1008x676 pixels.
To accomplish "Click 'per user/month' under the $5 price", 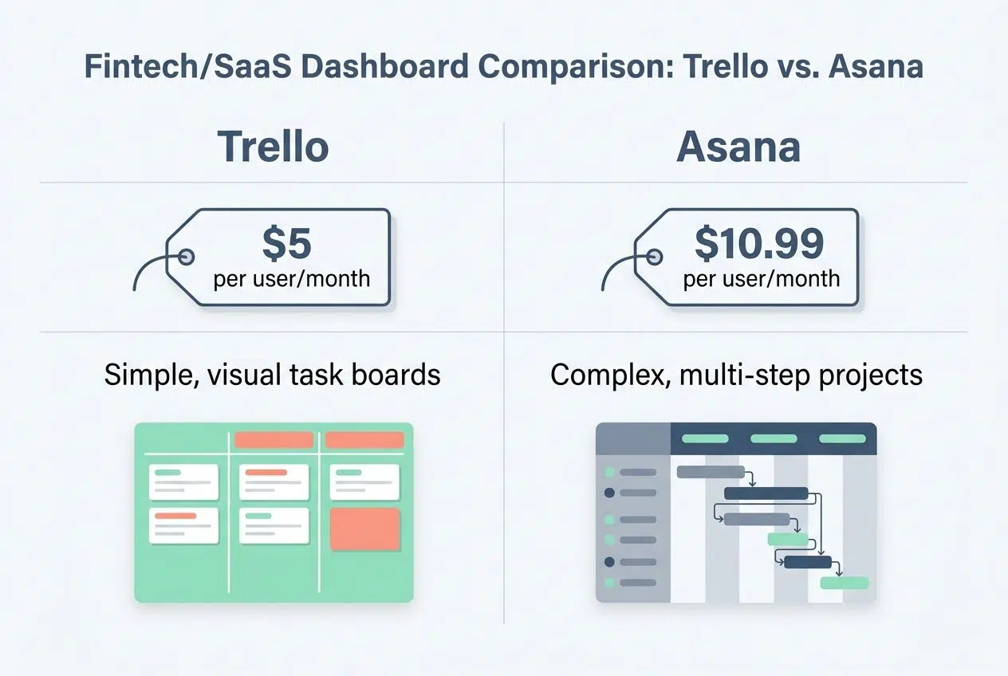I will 291,279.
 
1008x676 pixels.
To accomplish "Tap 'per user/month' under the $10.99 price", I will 762,279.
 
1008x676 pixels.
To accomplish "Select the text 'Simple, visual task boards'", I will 273,375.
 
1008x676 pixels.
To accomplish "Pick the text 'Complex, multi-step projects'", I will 736,375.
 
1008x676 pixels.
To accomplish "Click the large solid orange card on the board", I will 365,529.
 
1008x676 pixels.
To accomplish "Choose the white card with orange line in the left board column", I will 183,526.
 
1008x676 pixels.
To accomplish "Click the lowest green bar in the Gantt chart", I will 845,583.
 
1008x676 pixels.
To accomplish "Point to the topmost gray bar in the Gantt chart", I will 711,471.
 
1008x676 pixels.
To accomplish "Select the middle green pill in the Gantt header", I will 774,438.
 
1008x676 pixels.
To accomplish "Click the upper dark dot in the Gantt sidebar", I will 610,493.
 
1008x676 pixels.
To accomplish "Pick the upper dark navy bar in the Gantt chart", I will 766,493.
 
